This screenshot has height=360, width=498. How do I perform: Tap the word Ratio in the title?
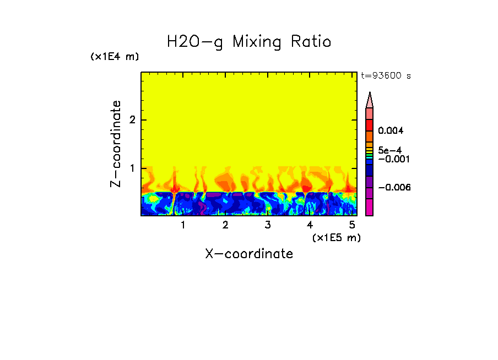pyautogui.click(x=312, y=41)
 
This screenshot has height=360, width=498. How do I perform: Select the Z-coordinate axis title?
pyautogui.click(x=116, y=144)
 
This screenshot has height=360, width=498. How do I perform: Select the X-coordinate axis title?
pyautogui.click(x=249, y=254)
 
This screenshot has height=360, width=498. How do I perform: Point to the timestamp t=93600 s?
pyautogui.click(x=386, y=76)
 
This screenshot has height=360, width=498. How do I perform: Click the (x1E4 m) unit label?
pyautogui.click(x=115, y=57)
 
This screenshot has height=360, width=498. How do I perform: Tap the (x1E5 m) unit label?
pyautogui.click(x=336, y=237)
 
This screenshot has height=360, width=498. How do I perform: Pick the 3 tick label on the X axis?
pyautogui.click(x=268, y=225)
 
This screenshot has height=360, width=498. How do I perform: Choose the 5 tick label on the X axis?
pyautogui.click(x=352, y=225)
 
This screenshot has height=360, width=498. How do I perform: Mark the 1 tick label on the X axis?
pyautogui.click(x=183, y=225)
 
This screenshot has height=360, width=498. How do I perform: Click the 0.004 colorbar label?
pyautogui.click(x=391, y=131)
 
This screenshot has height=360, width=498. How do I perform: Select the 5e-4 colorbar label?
pyautogui.click(x=389, y=150)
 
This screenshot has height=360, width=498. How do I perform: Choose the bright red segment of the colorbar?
pyautogui.click(x=370, y=125)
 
